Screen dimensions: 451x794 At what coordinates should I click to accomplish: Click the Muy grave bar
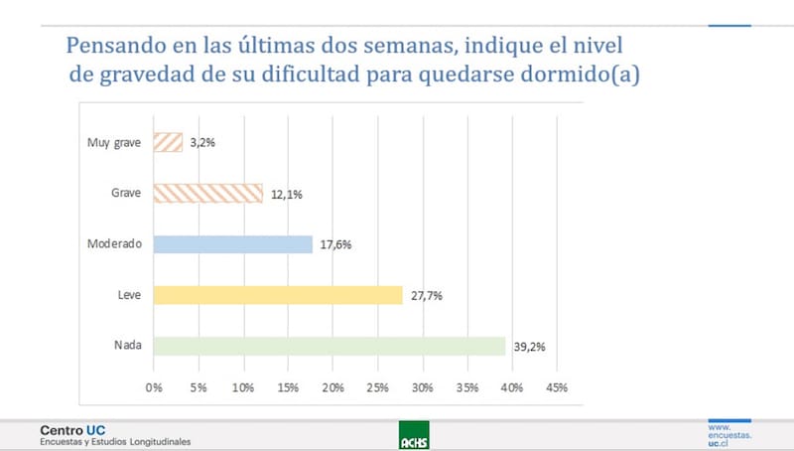[x=169, y=142]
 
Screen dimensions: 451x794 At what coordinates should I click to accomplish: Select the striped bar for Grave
[x=208, y=194]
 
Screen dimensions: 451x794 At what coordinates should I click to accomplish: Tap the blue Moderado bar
[x=233, y=244]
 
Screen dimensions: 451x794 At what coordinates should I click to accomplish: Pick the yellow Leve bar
[x=278, y=295]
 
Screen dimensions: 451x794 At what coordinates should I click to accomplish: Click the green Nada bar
[x=330, y=346]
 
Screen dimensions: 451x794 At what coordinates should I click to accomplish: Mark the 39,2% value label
[x=528, y=347]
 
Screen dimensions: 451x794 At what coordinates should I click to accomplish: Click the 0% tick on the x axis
[x=154, y=386]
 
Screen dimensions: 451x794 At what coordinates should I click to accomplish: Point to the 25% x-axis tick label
[x=377, y=386]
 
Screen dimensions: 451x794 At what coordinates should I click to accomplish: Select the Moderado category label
[x=115, y=244]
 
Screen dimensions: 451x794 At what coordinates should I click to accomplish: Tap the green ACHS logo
[x=412, y=435]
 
